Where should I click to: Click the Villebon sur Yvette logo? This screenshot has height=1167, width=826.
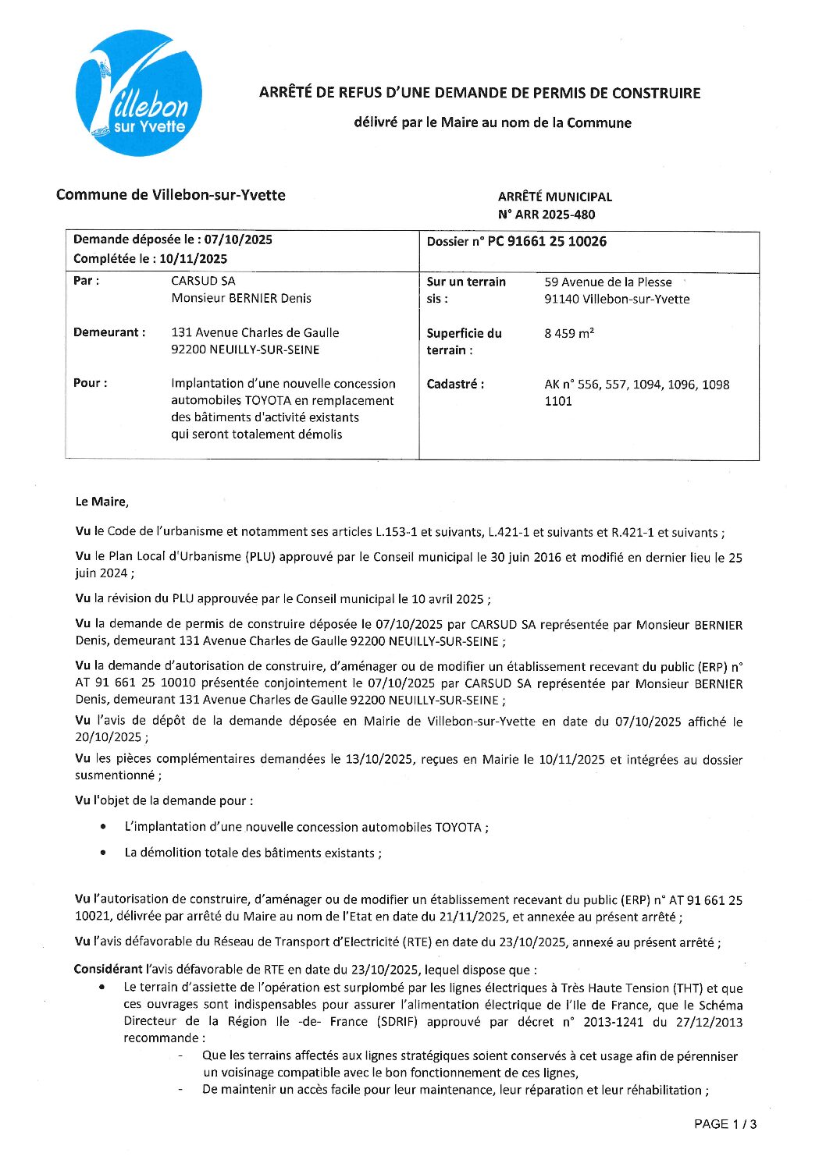coord(139,93)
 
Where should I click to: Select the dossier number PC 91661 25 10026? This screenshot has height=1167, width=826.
coord(547,242)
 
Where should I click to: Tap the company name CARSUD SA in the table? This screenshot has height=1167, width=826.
coord(203,281)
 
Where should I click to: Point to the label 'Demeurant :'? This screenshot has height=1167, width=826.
coord(109,332)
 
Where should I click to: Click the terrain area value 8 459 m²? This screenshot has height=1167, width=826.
coord(569,334)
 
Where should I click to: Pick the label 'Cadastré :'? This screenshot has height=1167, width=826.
coord(455,384)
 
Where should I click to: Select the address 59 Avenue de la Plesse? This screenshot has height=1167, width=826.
coord(607,282)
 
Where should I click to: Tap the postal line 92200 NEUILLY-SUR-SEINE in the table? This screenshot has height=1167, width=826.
coord(245,349)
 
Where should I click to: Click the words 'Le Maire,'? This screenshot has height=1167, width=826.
coord(102,502)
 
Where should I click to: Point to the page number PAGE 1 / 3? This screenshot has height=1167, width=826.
coord(725,1124)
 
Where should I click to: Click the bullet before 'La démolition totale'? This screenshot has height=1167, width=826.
coord(104,853)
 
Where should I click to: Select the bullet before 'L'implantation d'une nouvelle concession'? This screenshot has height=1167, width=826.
coord(104,827)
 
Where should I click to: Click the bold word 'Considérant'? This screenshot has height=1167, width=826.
coord(108,970)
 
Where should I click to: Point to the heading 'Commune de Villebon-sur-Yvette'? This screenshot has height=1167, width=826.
coord(170,195)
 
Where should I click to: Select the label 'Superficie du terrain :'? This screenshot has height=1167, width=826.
coord(464,342)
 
